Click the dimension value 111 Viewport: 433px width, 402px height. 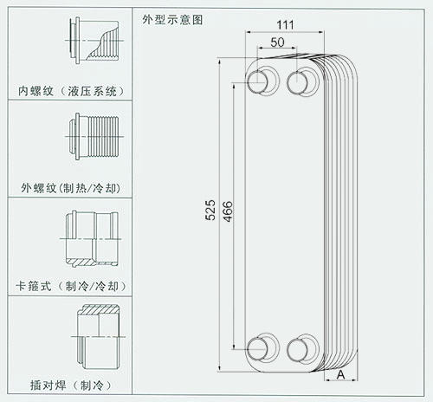point(285,25)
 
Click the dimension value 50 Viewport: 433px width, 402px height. point(277,42)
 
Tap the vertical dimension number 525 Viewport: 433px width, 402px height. point(210,211)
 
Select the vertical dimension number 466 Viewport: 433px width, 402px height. point(228,211)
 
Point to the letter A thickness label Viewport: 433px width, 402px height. point(341,374)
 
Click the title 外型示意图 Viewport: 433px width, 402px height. point(172,20)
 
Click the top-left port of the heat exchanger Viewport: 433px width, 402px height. point(257,82)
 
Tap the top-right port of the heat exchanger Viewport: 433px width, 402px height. point(297,83)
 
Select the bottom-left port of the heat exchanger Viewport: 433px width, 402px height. point(257,349)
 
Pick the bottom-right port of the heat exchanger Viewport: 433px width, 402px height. point(297,350)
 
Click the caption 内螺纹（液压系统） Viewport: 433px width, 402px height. point(71,91)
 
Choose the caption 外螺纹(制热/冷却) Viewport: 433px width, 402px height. point(71,188)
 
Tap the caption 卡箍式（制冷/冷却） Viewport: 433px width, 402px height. point(71,286)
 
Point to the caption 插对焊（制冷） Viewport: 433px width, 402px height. point(71,386)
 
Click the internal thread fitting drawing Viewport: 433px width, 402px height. point(94,41)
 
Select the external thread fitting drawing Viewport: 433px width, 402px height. point(94,136)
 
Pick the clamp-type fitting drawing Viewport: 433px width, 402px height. point(91,239)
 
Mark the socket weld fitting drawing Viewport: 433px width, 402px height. point(98,336)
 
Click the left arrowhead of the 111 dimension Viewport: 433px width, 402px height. point(248,32)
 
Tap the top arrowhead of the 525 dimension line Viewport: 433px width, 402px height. point(220,62)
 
